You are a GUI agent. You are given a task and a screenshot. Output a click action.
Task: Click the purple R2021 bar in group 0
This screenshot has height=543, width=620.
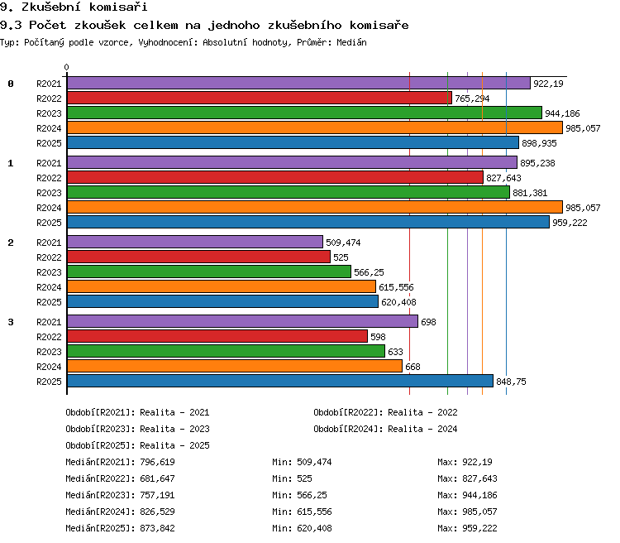(x=298, y=83)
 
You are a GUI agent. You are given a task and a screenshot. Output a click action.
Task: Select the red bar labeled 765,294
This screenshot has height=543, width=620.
(x=260, y=98)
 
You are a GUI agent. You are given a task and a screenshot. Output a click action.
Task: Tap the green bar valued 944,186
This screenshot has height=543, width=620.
(x=304, y=113)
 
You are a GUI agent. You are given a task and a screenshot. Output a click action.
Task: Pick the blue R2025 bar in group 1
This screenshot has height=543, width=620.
(x=308, y=222)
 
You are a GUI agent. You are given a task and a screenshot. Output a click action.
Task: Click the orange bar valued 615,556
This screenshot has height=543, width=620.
(x=222, y=286)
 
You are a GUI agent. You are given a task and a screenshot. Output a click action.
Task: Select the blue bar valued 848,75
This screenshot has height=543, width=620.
(x=280, y=381)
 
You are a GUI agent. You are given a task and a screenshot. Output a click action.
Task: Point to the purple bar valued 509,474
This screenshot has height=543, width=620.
(x=195, y=242)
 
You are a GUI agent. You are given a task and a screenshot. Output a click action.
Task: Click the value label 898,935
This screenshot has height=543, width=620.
(x=539, y=143)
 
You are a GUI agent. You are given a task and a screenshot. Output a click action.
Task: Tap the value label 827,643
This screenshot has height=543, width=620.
(x=503, y=178)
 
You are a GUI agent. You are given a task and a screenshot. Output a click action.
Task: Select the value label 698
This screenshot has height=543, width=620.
(x=428, y=322)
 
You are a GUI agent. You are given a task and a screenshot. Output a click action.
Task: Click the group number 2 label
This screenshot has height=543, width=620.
(x=11, y=243)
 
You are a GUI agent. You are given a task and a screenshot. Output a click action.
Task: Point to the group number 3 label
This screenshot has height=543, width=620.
(x=11, y=322)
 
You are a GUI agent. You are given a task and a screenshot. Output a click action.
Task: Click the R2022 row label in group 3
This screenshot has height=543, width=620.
(x=49, y=337)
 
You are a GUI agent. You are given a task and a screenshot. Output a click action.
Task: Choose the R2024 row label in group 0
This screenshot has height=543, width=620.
(x=49, y=128)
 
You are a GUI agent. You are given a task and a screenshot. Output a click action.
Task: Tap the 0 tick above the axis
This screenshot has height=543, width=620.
(x=66, y=67)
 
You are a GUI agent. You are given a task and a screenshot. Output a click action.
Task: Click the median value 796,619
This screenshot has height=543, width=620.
(x=157, y=462)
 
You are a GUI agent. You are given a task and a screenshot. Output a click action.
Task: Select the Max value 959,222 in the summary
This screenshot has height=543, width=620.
(x=479, y=528)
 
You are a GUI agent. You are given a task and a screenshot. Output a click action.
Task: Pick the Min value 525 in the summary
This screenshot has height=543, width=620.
(x=304, y=478)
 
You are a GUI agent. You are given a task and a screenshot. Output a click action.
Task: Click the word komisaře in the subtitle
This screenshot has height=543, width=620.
(x=379, y=26)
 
